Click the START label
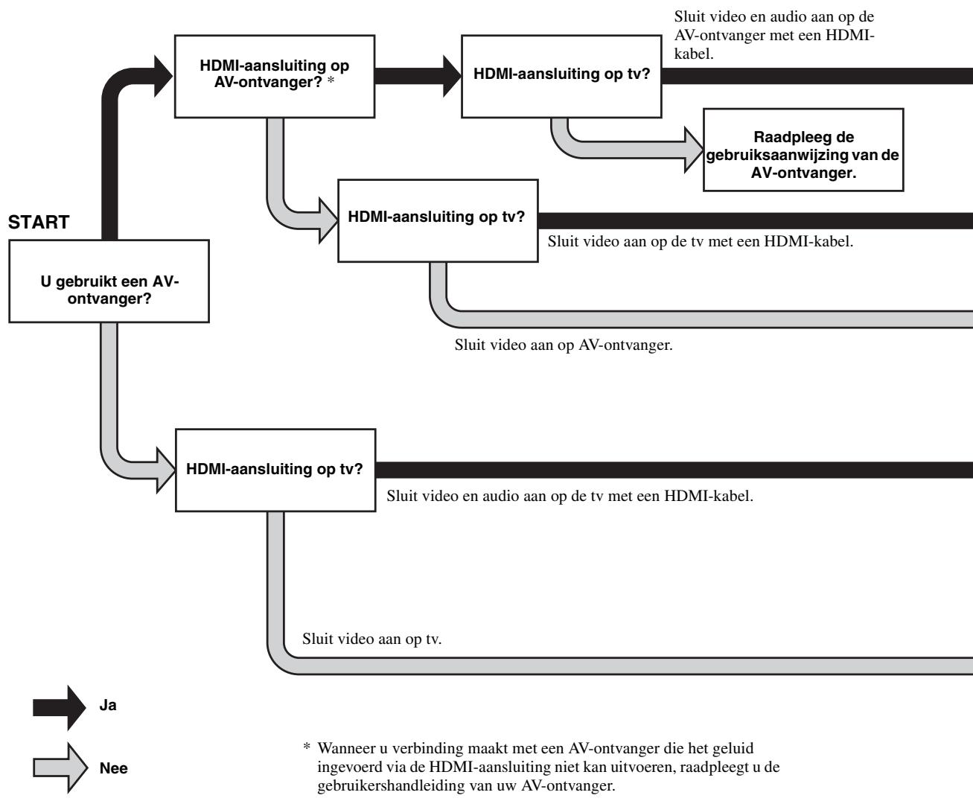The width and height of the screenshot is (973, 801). click(x=39, y=223)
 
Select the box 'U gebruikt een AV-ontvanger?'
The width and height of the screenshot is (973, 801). click(x=109, y=281)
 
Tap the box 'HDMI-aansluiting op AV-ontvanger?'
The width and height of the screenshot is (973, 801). click(x=275, y=77)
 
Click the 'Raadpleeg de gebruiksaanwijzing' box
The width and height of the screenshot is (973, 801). click(x=803, y=150)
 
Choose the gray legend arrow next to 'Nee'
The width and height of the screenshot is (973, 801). click(x=60, y=768)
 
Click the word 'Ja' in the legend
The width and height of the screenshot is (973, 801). click(x=108, y=705)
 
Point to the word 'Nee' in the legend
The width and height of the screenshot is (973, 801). click(x=113, y=768)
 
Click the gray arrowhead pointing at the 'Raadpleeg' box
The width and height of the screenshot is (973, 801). click(x=693, y=150)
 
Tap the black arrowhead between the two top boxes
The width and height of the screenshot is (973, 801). click(x=452, y=76)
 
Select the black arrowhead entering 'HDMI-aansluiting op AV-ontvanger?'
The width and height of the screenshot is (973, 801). click(x=163, y=76)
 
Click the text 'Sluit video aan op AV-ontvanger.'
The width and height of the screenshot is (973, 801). click(x=564, y=345)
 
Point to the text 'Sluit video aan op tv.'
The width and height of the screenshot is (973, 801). click(x=371, y=639)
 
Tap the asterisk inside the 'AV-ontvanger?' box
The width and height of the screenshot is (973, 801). click(x=331, y=80)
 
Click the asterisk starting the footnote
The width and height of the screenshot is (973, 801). click(x=306, y=747)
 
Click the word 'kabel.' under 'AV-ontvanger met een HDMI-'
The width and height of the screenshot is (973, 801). click(x=694, y=54)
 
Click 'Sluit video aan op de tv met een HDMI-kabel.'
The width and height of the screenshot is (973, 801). click(x=701, y=241)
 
